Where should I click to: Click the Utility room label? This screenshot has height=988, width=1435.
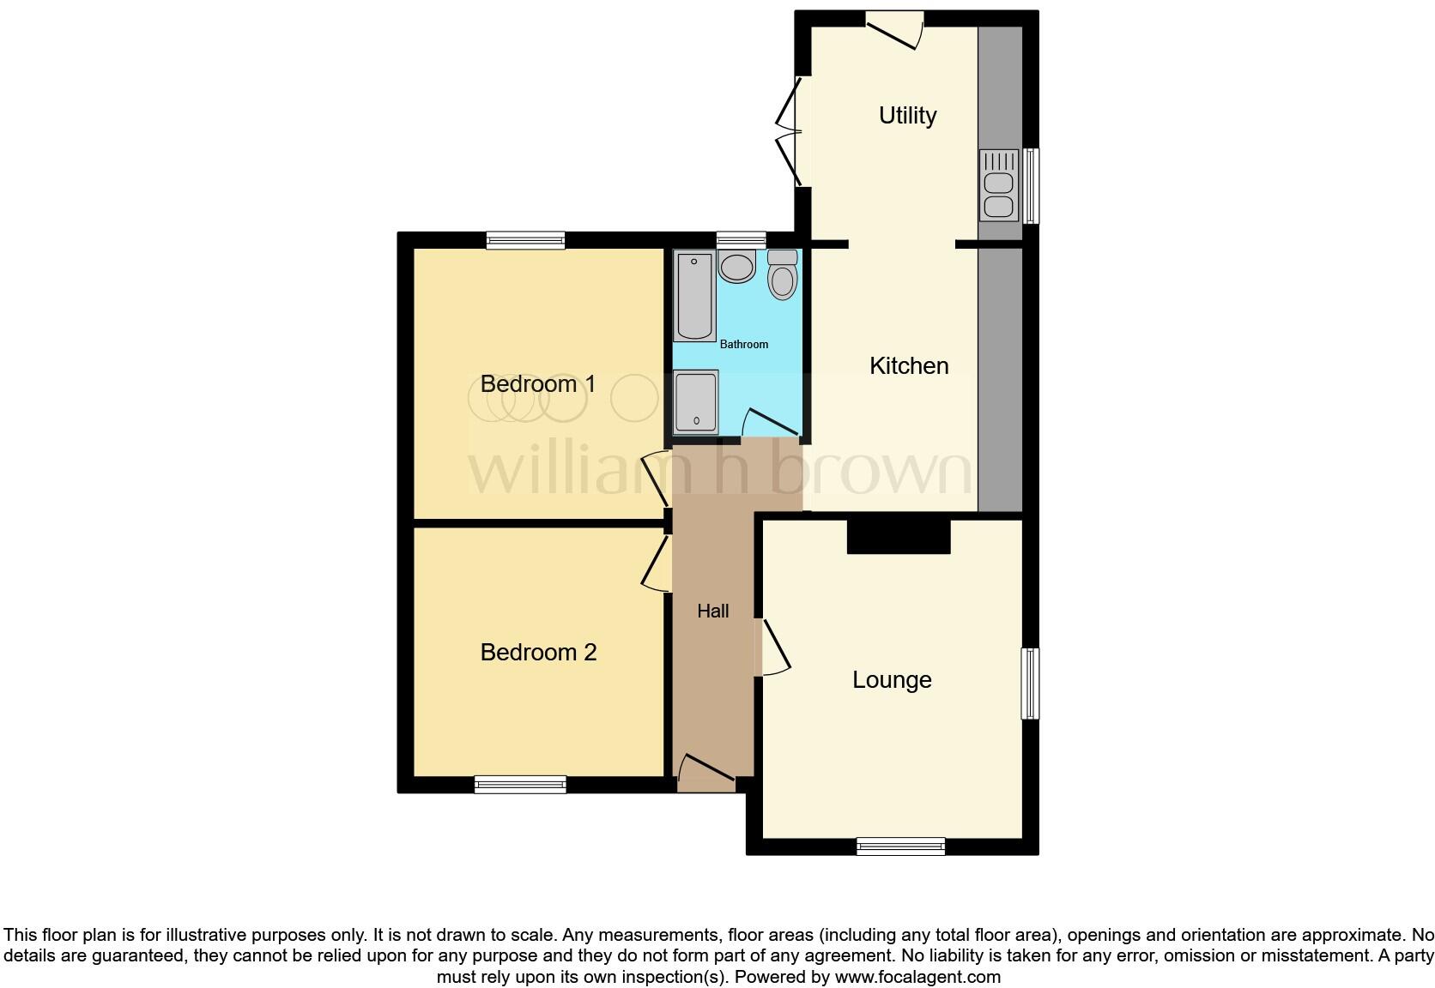click(907, 116)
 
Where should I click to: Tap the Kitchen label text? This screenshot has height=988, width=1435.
click(909, 366)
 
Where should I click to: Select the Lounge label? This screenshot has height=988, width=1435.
click(892, 680)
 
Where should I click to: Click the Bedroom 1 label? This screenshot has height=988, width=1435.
click(538, 384)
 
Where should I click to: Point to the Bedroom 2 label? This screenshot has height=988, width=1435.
click(538, 653)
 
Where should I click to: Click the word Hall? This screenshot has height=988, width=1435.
click(713, 611)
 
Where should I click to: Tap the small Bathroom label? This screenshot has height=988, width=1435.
click(744, 345)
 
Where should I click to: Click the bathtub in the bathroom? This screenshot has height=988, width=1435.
click(694, 296)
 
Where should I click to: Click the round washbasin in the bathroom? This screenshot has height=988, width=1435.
click(736, 267)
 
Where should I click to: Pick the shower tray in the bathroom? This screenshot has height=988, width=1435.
click(695, 401)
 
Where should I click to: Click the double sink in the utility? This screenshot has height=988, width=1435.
click(998, 185)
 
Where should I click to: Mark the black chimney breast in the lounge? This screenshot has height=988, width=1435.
click(899, 536)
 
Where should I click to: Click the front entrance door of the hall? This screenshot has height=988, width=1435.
click(706, 771)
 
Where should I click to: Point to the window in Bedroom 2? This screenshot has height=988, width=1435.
click(520, 784)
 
